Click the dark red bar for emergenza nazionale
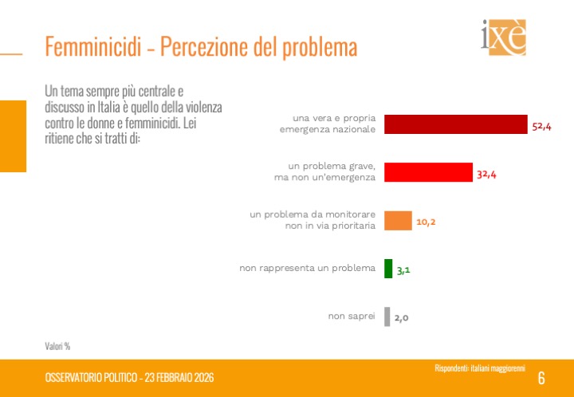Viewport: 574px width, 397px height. (456, 124)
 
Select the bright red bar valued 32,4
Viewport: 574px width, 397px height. (428, 172)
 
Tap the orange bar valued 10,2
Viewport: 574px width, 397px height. (398, 220)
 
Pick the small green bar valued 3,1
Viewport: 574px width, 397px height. (388, 269)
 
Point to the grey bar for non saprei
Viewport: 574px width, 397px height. (387, 316)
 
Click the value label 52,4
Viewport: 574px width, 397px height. (542, 126)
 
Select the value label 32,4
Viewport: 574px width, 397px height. (487, 174)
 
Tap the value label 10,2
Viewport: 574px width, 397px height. (426, 222)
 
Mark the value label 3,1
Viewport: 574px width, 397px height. (403, 270)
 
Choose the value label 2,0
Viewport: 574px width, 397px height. (401, 318)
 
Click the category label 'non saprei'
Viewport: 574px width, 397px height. (352, 316)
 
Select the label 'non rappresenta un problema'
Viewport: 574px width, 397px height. (307, 269)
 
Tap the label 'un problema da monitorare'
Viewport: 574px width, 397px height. (313, 214)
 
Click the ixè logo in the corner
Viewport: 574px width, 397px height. (503, 37)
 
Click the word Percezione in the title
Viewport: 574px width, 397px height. (209, 47)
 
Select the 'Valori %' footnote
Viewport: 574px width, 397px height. (57, 346)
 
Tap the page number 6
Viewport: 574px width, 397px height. (541, 378)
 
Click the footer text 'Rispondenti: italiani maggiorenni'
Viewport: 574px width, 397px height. (478, 368)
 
